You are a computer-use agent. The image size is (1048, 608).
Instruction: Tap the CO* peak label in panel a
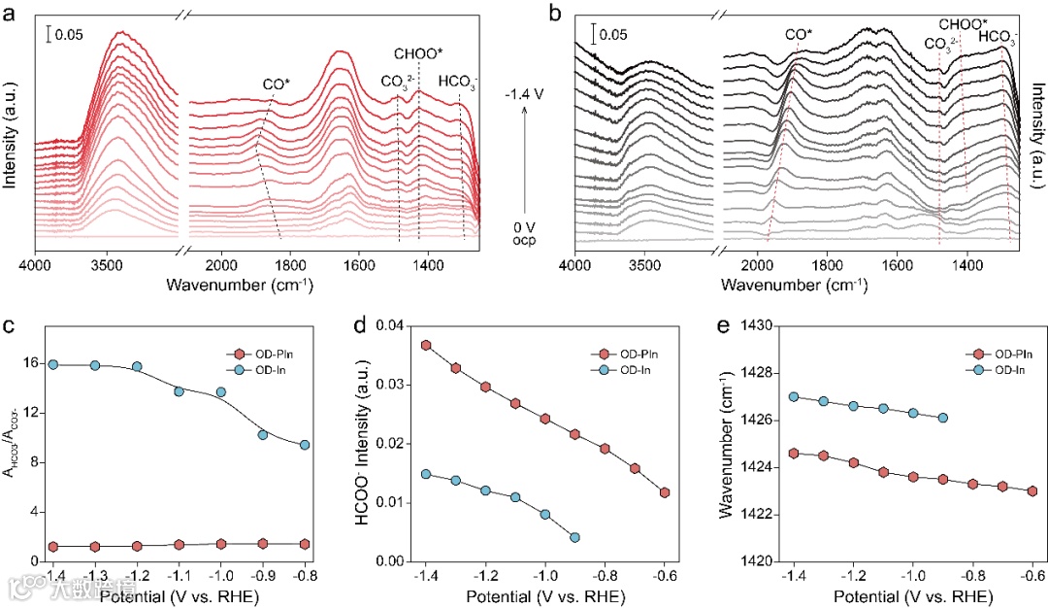click(x=276, y=84)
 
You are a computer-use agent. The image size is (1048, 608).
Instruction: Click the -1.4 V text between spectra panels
click(x=524, y=97)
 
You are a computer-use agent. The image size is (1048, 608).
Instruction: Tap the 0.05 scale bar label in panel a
click(x=69, y=35)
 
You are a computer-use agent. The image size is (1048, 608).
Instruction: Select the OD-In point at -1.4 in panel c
click(x=53, y=364)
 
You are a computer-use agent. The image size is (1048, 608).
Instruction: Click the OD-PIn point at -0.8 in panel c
click(x=305, y=517)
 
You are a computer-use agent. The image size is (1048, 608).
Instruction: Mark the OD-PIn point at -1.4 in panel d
click(x=426, y=345)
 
